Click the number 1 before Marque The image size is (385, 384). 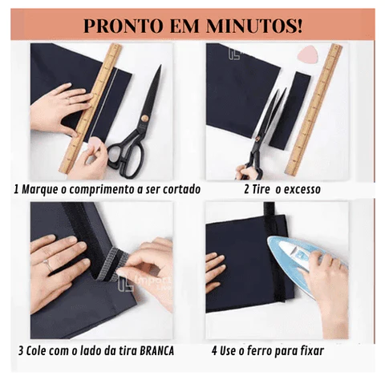(x=17, y=189)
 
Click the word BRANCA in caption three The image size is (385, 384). (x=156, y=351)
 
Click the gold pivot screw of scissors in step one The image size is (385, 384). (x=144, y=118)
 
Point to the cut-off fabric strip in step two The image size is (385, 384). (x=290, y=111)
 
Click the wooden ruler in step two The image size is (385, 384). (x=314, y=110)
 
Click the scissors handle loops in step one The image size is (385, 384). (x=127, y=158)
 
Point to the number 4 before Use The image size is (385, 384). (x=214, y=350)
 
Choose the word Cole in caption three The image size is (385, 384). (x=34, y=351)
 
